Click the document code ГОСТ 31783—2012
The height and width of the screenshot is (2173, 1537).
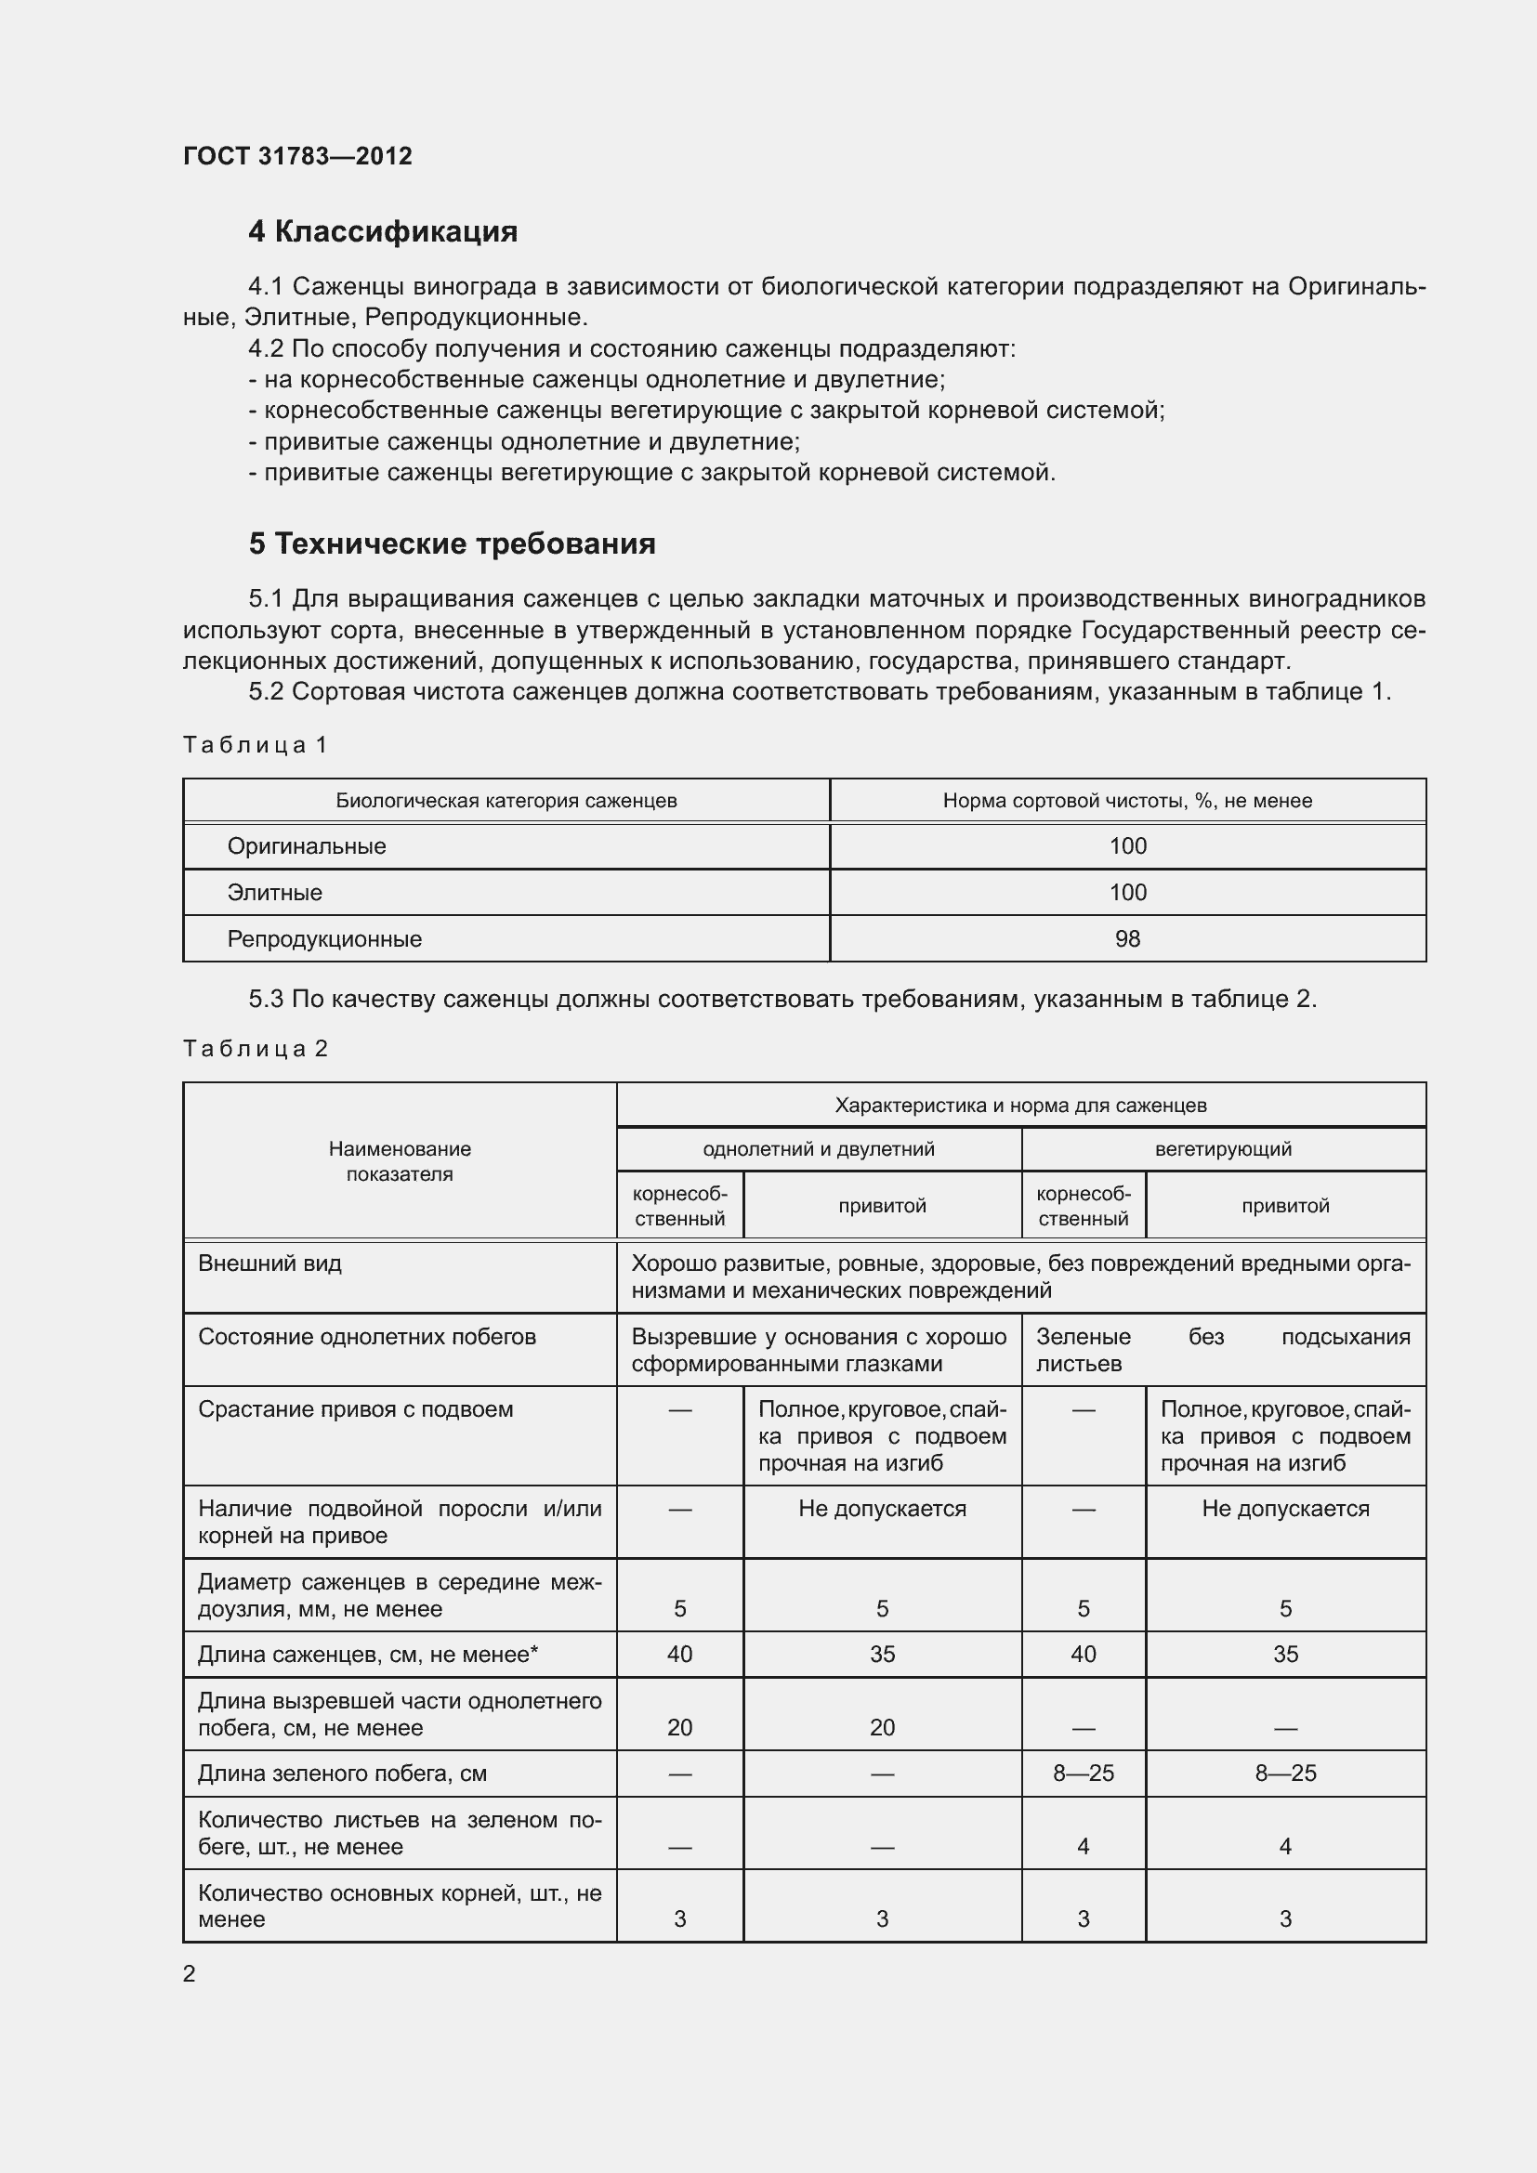pyautogui.click(x=297, y=156)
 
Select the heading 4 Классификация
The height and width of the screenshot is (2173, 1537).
pyautogui.click(x=382, y=232)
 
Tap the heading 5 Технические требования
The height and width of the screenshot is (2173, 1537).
pyautogui.click(x=452, y=544)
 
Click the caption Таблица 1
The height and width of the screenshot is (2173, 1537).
pyautogui.click(x=255, y=746)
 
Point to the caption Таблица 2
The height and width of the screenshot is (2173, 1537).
pyautogui.click(x=255, y=1049)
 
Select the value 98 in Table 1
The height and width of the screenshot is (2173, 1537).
pyautogui.click(x=1127, y=939)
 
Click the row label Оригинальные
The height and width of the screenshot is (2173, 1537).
pyautogui.click(x=307, y=846)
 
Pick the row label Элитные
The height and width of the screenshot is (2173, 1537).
pyautogui.click(x=274, y=893)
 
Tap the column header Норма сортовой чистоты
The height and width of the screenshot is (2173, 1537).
pyautogui.click(x=1127, y=801)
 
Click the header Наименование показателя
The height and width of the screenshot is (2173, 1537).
pyautogui.click(x=400, y=1161)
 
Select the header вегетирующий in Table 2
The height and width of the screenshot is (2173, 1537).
pyautogui.click(x=1223, y=1149)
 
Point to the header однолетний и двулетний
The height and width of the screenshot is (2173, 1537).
pyautogui.click(x=819, y=1149)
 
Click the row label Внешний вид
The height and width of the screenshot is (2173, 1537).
pyautogui.click(x=269, y=1263)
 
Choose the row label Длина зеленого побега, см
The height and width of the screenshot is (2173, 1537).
pyautogui.click(x=342, y=1774)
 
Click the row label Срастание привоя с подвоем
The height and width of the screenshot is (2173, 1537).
pyautogui.click(x=355, y=1409)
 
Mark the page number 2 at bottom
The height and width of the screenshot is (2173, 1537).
pyautogui.click(x=190, y=1974)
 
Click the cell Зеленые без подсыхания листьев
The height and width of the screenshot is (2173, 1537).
pyautogui.click(x=1223, y=1350)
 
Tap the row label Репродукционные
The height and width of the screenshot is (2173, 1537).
pyautogui.click(x=323, y=939)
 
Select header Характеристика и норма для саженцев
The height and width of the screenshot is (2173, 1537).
pyautogui.click(x=1020, y=1106)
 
